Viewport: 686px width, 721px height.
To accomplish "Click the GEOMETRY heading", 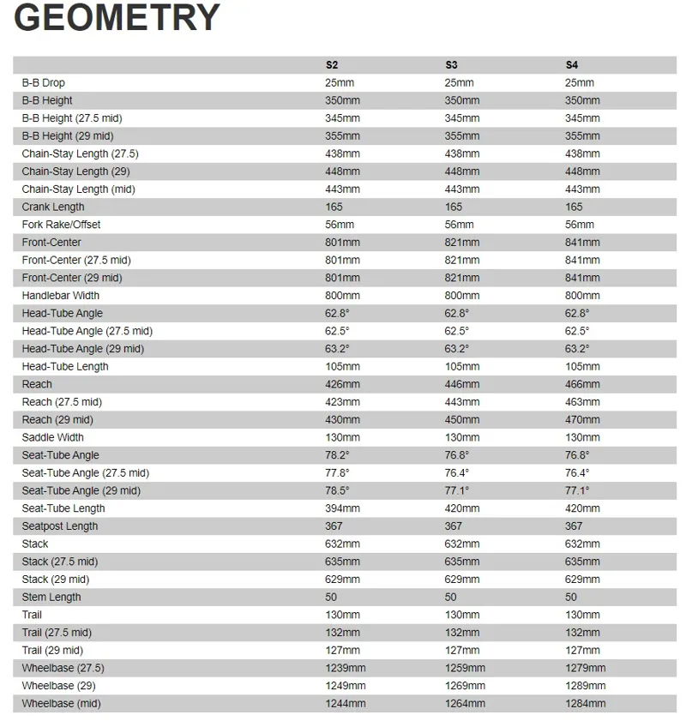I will point(117,19).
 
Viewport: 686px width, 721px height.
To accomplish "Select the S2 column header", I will point(331,65).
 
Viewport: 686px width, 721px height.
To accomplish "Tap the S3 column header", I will point(451,65).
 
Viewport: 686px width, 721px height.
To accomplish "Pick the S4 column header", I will point(571,65).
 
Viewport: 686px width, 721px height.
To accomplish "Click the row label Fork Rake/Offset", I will point(61,225).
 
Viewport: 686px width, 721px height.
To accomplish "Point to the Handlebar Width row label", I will point(61,296).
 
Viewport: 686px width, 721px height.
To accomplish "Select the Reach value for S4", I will point(582,384).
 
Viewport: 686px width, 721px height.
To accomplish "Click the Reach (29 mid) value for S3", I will point(462,420).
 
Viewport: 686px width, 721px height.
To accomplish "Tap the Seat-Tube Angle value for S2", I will point(337,455).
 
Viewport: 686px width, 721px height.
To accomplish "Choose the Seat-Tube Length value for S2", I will point(342,508).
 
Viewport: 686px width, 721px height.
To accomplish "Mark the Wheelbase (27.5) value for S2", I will point(346,668).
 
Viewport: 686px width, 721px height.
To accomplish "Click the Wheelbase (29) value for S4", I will point(586,686).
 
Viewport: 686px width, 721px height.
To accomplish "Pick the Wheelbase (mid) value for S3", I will point(466,704).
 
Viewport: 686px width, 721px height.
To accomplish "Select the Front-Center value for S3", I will point(462,243).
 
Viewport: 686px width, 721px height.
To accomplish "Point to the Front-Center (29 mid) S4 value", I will point(582,278).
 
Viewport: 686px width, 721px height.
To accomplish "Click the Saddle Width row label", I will point(53,437).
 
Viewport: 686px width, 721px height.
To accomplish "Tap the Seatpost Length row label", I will point(60,526).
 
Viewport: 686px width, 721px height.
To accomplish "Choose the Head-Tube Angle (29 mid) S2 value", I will point(337,349).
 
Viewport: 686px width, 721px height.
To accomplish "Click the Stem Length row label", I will point(51,597).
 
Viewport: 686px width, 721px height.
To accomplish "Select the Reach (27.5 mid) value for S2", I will point(342,402).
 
